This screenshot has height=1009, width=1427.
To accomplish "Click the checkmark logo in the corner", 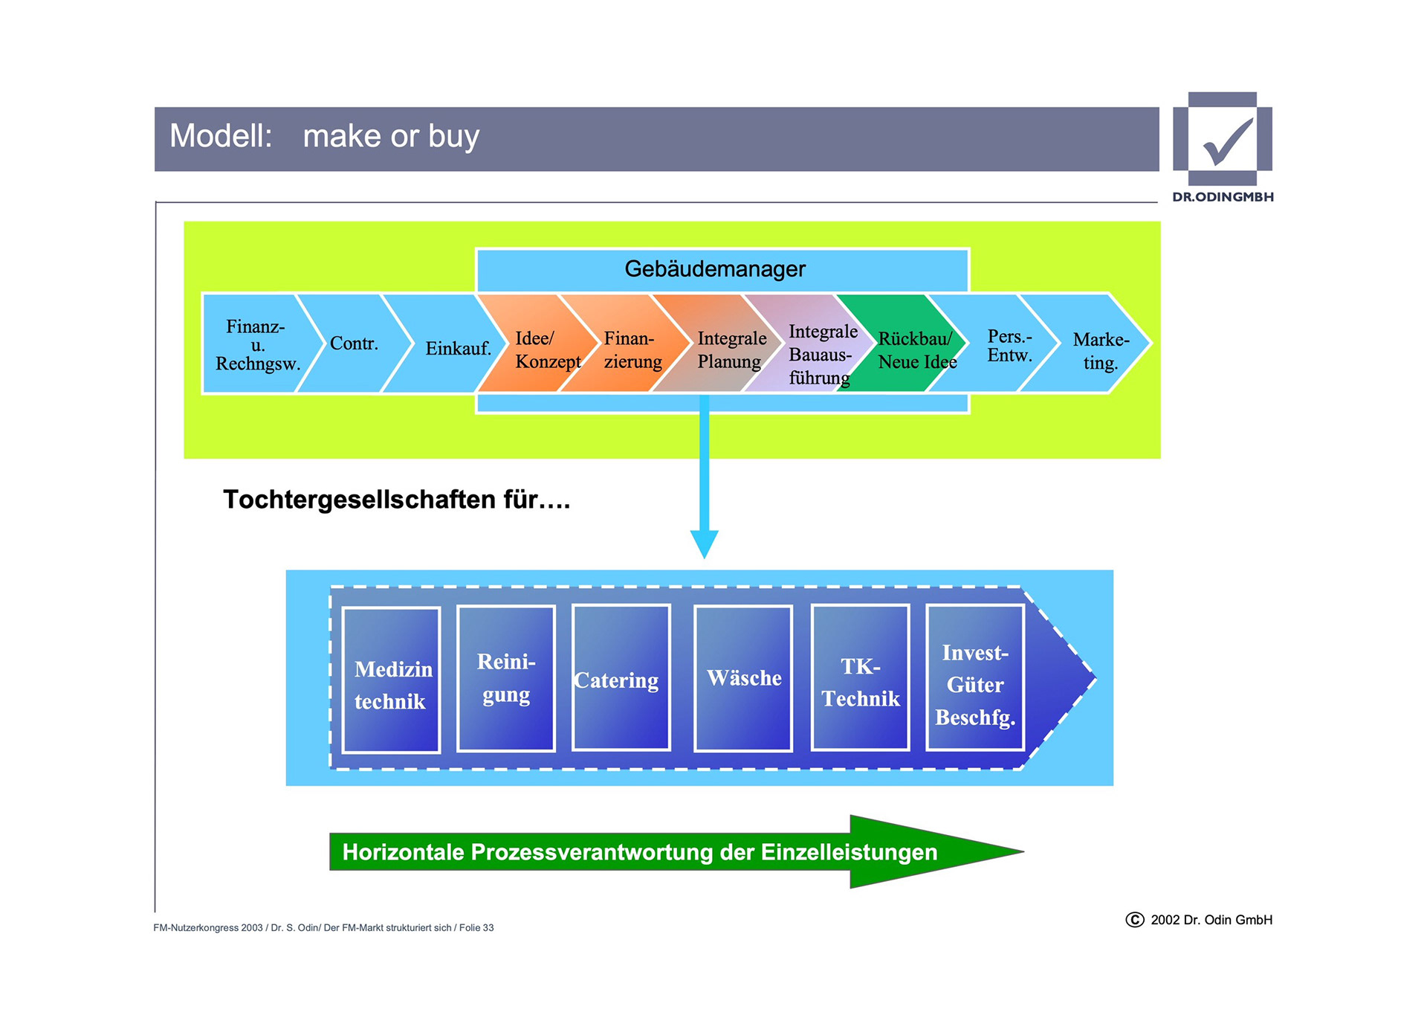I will (1223, 140).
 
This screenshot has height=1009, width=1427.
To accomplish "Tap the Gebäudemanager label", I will (714, 269).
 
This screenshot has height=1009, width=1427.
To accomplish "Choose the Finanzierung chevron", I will (632, 349).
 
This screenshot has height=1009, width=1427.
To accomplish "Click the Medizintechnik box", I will (391, 680).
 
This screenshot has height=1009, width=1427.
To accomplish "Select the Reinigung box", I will (506, 678).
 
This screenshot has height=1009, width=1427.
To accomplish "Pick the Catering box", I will (621, 678).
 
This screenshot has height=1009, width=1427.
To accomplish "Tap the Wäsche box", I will (743, 678).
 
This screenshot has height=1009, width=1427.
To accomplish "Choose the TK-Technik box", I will (860, 678).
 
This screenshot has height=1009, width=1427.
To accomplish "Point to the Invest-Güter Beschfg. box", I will (975, 678).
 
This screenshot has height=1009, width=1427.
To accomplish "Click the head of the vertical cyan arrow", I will (704, 544).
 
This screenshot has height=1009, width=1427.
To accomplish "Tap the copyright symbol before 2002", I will (1134, 920).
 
